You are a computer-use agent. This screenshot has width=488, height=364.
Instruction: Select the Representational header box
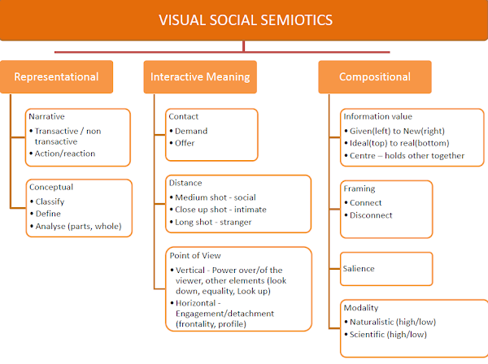click(56, 77)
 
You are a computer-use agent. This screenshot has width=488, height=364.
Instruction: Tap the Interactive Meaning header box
click(199, 77)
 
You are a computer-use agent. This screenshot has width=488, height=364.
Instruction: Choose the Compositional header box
click(375, 77)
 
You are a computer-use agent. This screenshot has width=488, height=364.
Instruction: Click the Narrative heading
click(46, 116)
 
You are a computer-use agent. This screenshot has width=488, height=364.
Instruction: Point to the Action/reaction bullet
click(64, 153)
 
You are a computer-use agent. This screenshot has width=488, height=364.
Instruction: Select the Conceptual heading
click(50, 186)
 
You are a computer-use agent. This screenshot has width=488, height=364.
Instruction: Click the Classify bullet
click(50, 200)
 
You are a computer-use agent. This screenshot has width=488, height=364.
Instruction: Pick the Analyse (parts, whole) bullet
click(77, 226)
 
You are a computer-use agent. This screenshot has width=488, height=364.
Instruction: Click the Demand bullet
click(191, 130)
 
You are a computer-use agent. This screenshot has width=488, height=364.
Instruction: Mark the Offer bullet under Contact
click(185, 143)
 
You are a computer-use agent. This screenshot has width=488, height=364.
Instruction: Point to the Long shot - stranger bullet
click(213, 222)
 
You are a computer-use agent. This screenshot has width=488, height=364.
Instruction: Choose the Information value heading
click(377, 116)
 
